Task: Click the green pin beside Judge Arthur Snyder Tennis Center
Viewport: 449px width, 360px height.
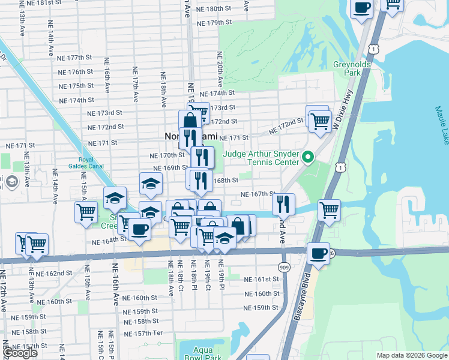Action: pyautogui.click(x=308, y=158)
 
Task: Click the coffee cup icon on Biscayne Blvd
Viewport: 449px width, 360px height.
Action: pyautogui.click(x=319, y=253)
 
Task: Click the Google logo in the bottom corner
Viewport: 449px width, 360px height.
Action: pyautogui.click(x=19, y=353)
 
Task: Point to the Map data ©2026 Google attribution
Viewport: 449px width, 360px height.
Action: pyautogui.click(x=412, y=355)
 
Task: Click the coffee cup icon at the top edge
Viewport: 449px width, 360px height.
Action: pyautogui.click(x=361, y=8)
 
